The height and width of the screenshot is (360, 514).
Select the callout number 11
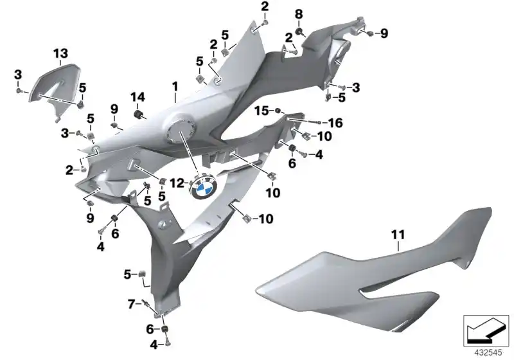tap(398, 237)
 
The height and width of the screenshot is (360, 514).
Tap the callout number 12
tap(181, 182)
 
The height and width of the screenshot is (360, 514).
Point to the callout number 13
tap(60, 52)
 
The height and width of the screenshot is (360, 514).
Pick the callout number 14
tap(138, 97)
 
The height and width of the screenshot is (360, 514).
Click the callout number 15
tap(260, 111)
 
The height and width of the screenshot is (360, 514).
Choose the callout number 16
tap(335, 122)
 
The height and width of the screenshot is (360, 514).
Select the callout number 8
tap(298, 14)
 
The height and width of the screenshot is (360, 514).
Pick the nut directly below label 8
tap(299, 30)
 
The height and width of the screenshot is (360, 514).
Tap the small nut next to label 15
tap(278, 111)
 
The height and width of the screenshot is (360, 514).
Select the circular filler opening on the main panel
tap(178, 132)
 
